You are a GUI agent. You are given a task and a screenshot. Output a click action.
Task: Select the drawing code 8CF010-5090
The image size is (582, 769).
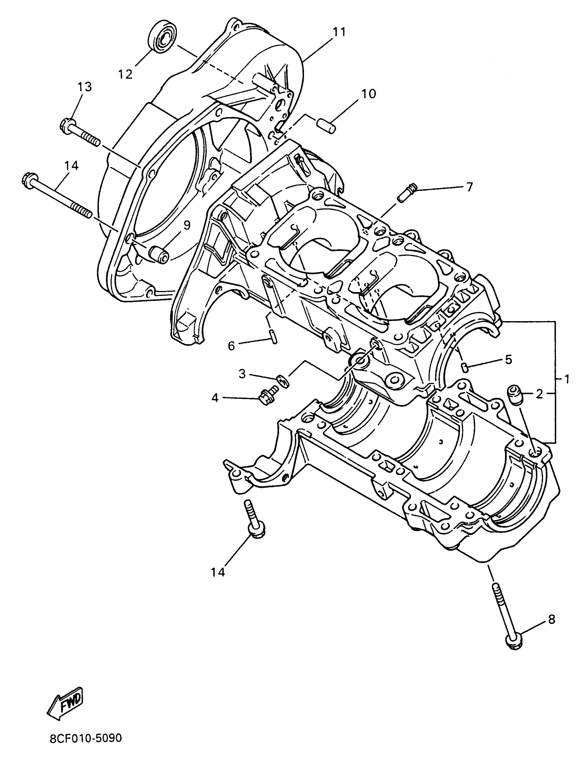click(x=86, y=748)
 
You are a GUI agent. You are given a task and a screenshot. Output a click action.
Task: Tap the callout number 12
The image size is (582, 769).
click(x=125, y=74)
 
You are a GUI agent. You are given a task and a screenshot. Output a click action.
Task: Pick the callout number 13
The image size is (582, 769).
click(x=84, y=87)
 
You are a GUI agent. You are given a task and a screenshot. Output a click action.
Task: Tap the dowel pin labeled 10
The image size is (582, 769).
click(x=327, y=125)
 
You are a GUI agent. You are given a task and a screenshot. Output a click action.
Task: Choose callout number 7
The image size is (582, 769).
click(x=469, y=187)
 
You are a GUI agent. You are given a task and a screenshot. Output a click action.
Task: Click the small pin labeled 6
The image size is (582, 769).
click(x=273, y=337)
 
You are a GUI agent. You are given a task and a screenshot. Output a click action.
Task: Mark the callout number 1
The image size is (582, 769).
click(x=567, y=379)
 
